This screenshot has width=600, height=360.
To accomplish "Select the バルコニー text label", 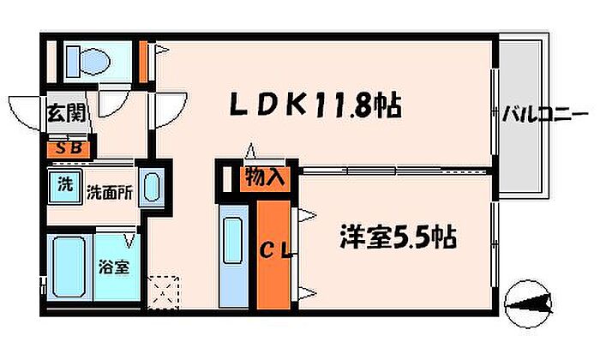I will point(543,112).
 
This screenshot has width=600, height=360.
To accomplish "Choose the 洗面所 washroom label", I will point(109,193).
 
